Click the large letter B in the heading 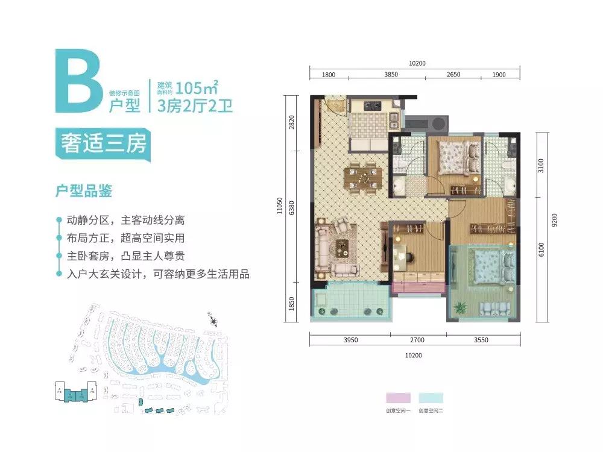tap(77, 82)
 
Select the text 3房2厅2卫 tap(194, 107)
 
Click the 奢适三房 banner tap(102, 144)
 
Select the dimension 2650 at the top tap(453, 75)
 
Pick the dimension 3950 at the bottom tap(350, 340)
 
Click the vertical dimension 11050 tap(279, 206)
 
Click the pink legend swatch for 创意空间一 tap(398, 398)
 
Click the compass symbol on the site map tap(212, 318)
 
